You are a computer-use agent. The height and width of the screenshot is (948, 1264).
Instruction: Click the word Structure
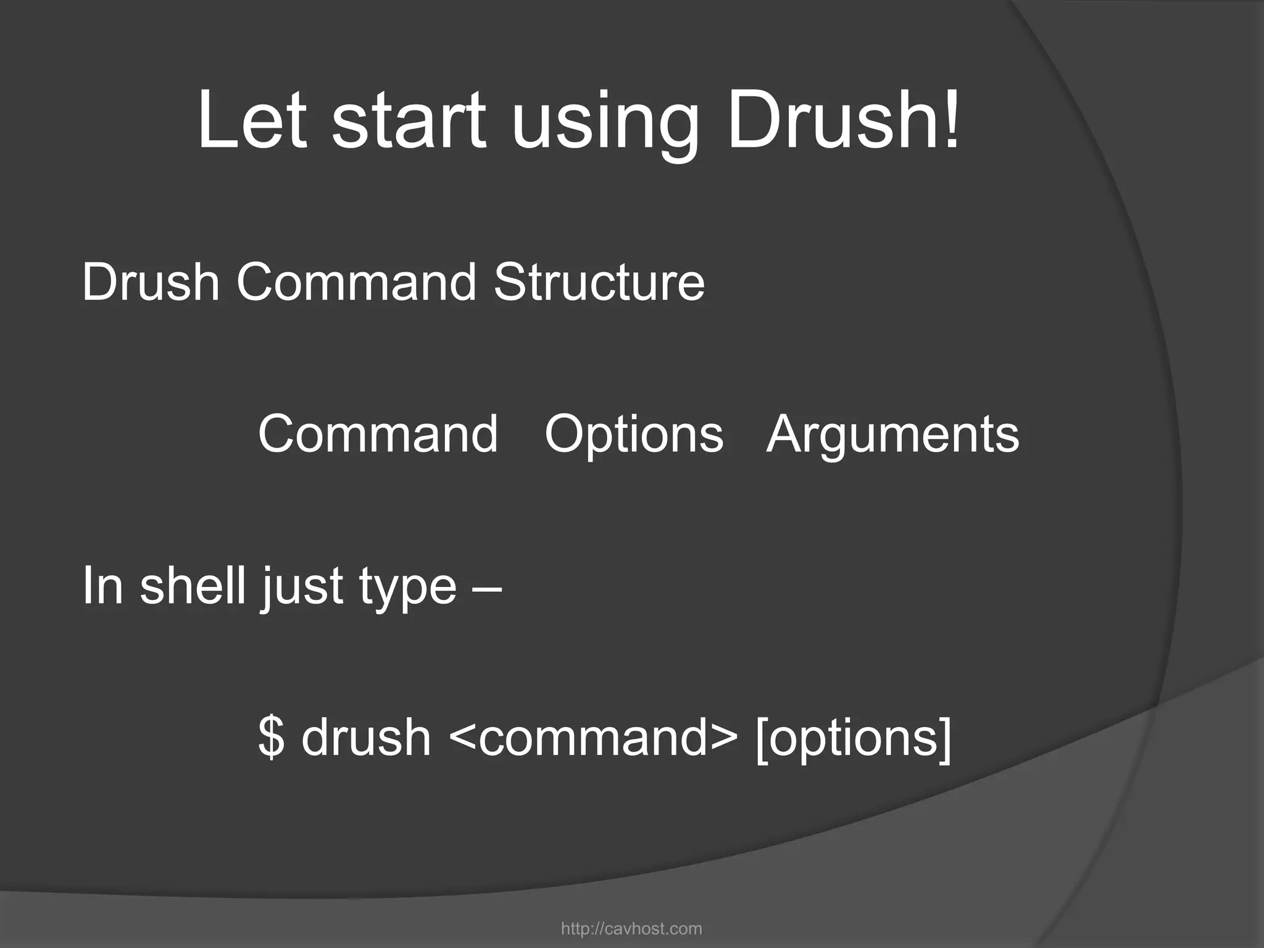(599, 282)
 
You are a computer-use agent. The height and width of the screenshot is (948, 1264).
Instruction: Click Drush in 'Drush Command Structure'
(151, 282)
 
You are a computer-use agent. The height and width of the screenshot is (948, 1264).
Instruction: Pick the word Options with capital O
(634, 435)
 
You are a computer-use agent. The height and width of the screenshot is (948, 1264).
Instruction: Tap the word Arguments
(892, 435)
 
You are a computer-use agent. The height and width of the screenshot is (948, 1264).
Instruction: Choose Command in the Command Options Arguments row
(378, 434)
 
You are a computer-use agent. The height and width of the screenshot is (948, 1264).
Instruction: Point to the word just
(301, 588)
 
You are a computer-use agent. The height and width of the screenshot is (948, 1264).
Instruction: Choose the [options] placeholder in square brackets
(854, 738)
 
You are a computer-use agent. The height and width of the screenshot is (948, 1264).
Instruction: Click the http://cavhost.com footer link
(631, 928)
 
